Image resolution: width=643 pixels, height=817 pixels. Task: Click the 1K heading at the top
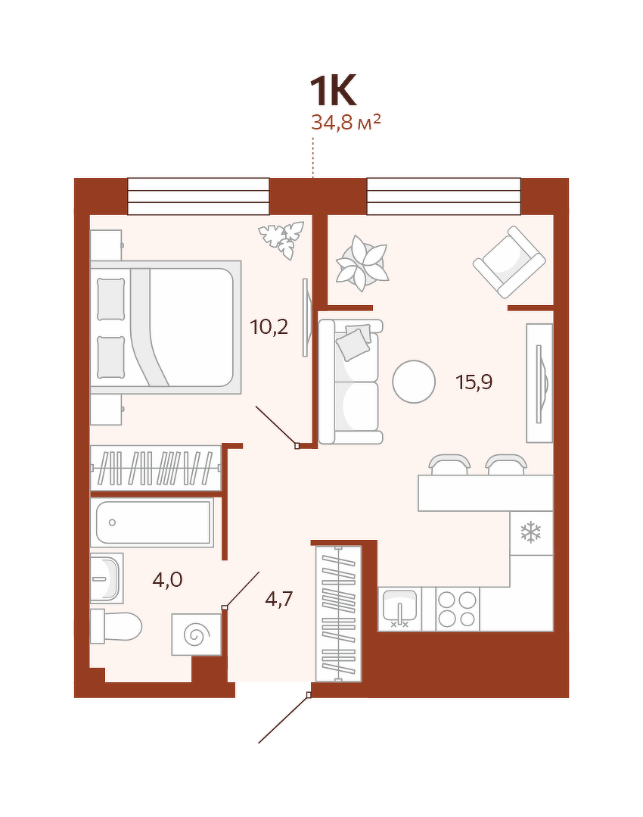tap(333, 91)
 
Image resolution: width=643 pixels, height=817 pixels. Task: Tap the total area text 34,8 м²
tap(346, 123)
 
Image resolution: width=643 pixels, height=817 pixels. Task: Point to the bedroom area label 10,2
tap(269, 327)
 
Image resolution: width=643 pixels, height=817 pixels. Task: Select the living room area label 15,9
tap(474, 382)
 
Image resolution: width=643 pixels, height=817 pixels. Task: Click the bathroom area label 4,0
tap(167, 579)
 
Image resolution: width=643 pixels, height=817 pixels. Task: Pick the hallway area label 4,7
tap(278, 599)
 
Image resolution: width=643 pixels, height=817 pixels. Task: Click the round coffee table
tap(414, 382)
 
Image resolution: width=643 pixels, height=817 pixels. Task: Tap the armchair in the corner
tap(509, 262)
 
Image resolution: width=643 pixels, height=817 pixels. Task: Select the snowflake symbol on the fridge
tap(531, 532)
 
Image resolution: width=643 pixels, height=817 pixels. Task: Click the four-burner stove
tap(457, 609)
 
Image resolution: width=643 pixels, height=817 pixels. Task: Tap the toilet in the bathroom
tap(116, 626)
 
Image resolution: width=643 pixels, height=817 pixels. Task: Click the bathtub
tap(152, 522)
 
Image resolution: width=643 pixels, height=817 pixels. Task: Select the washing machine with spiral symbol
tap(197, 635)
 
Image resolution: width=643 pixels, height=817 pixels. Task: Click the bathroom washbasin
tap(107, 578)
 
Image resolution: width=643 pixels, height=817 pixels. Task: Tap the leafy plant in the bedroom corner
tap(281, 240)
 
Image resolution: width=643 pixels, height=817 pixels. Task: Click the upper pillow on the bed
tap(111, 299)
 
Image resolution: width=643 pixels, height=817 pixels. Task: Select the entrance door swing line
tap(284, 719)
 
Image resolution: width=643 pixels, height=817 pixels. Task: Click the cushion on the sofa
tap(354, 342)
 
